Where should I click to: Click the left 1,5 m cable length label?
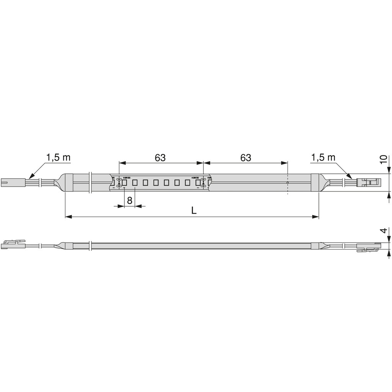click(58, 157)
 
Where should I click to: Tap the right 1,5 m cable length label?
click(323, 157)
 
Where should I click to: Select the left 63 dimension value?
click(160, 157)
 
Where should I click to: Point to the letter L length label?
click(194, 211)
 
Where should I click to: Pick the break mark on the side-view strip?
click(90, 246)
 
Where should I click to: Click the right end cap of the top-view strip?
click(315, 183)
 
